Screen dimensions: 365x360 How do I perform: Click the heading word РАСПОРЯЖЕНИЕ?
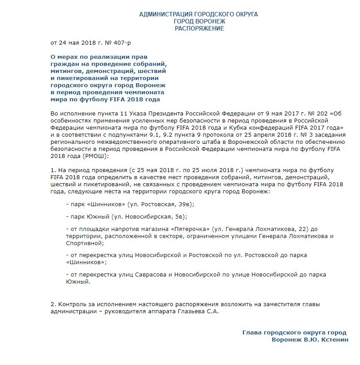[199, 28]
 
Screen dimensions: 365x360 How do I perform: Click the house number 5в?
[179, 217]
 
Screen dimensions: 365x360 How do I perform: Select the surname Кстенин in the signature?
[334, 339]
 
